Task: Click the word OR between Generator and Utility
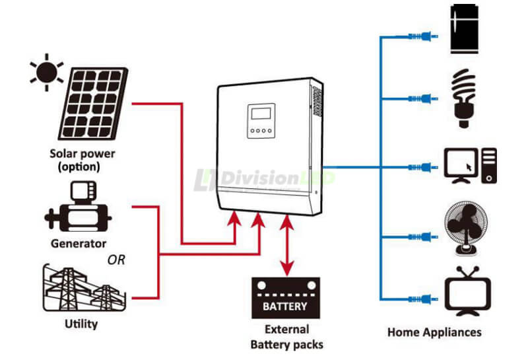click(116, 260)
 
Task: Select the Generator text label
click(79, 243)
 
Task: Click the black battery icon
click(285, 298)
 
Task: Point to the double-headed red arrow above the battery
click(286, 244)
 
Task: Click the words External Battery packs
click(286, 337)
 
